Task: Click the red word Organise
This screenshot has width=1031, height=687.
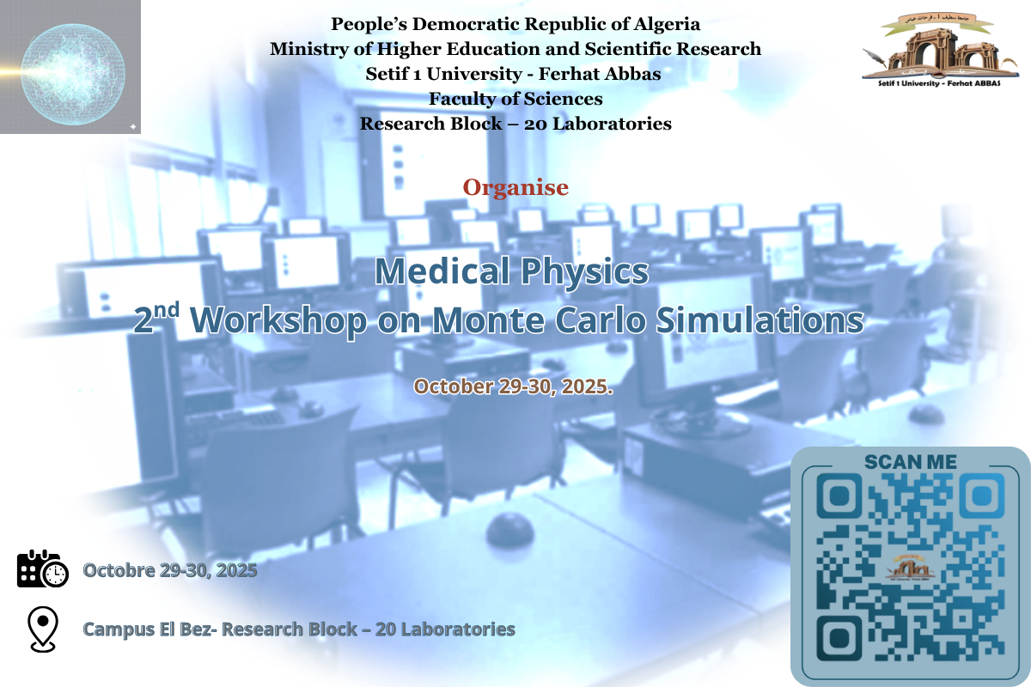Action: (x=515, y=188)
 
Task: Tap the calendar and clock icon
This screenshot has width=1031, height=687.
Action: (x=43, y=568)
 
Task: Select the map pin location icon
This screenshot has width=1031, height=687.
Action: (x=43, y=629)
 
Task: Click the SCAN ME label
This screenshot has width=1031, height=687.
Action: (x=911, y=462)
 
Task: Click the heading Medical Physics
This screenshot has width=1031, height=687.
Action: (x=512, y=271)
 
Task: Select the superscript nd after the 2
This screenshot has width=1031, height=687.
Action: (x=166, y=310)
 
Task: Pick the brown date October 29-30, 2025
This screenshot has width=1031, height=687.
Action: (x=513, y=386)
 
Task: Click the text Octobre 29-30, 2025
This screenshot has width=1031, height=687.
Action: (x=170, y=570)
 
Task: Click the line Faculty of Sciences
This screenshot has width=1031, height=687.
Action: (x=515, y=99)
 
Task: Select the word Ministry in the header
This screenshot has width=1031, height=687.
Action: (x=308, y=49)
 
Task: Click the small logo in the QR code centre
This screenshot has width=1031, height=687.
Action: (x=910, y=568)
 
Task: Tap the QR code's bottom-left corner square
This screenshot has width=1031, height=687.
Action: (x=839, y=638)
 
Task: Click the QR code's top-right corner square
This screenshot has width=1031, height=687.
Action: (x=982, y=496)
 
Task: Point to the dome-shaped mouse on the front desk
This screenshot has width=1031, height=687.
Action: (x=510, y=532)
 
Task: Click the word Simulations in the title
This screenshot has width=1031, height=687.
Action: (x=760, y=319)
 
